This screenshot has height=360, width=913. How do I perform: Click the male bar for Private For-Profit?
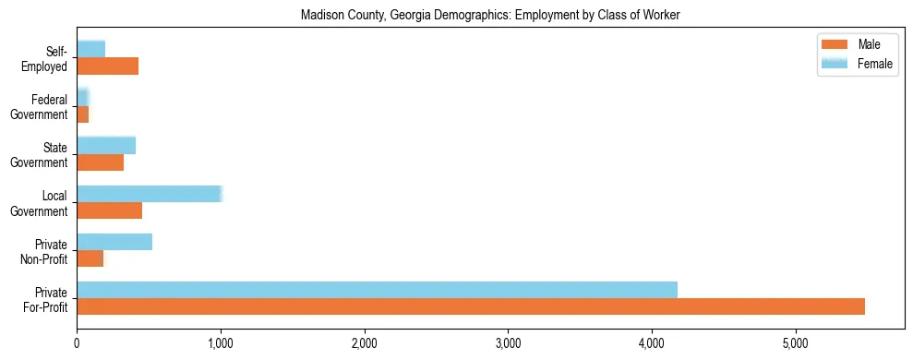coord(471,306)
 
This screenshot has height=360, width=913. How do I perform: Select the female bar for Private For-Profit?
coord(377,290)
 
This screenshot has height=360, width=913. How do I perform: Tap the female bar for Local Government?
coord(150,194)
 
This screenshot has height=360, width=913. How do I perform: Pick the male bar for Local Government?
coord(109,210)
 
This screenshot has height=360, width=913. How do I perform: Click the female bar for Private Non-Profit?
coord(114,242)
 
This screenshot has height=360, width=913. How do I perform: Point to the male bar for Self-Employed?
coord(107,66)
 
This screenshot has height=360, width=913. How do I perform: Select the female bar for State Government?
coord(106,145)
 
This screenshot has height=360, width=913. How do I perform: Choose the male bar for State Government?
coord(100,162)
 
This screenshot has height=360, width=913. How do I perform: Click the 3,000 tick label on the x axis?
coord(508,343)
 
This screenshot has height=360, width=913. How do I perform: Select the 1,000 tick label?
coord(220,343)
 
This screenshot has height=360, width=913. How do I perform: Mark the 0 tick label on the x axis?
coord(77,343)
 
